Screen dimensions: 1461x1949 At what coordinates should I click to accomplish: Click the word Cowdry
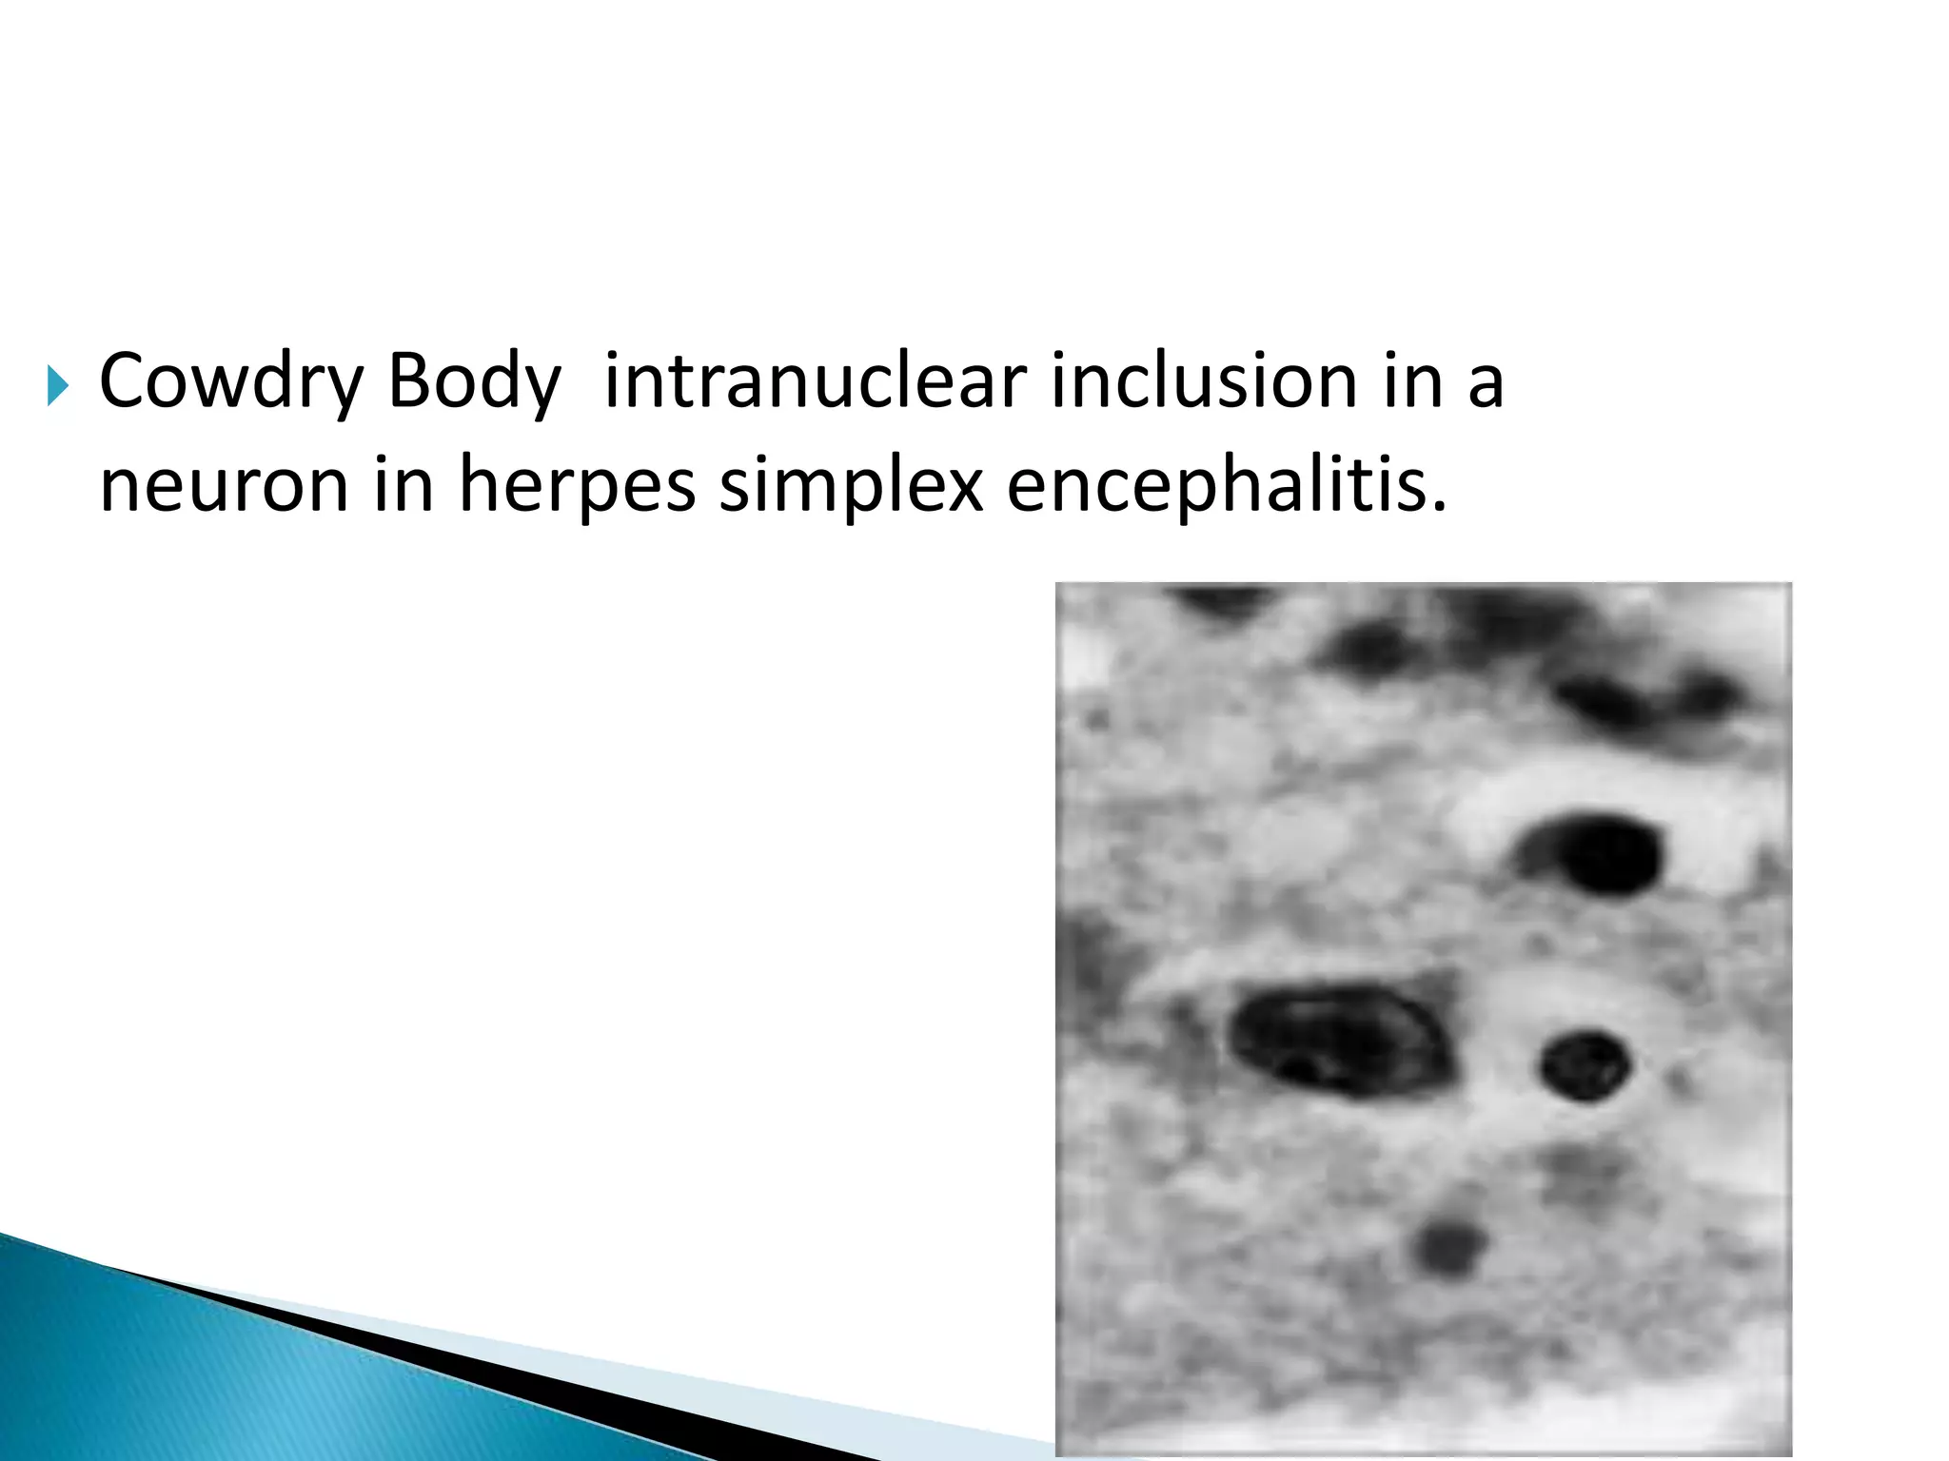click(231, 382)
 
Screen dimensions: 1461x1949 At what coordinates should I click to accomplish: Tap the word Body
click(474, 382)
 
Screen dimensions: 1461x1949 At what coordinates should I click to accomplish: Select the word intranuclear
click(814, 382)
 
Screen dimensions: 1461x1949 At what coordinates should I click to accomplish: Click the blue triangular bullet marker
click(58, 386)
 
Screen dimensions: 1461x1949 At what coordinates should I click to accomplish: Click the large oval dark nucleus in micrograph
click(1337, 1039)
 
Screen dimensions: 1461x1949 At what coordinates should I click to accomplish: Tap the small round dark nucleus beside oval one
click(1585, 1065)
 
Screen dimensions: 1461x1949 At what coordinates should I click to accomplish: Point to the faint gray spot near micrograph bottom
click(1448, 1247)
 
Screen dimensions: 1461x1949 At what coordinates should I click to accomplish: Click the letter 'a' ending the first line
click(1485, 382)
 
